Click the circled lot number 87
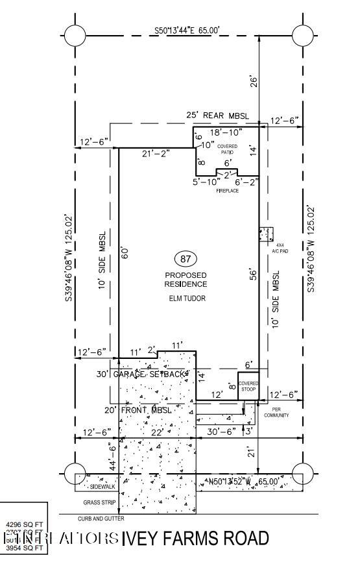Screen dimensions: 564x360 pos(186,260)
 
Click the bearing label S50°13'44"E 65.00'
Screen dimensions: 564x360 pos(187,30)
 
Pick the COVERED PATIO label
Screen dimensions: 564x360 pos(228,149)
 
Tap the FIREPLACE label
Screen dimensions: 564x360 pos(228,191)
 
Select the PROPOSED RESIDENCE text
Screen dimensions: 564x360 pos(186,279)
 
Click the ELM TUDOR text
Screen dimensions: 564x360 pos(186,299)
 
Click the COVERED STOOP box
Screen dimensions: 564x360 pos(248,387)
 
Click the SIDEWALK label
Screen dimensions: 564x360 pos(102,486)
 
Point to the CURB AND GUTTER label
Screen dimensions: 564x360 pos(101,519)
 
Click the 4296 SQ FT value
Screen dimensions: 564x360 pos(24,523)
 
